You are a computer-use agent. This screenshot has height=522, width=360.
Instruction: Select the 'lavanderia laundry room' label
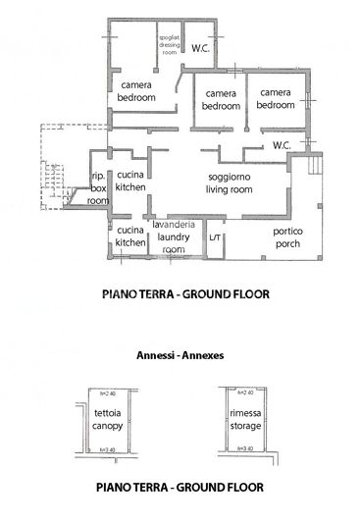[175, 237]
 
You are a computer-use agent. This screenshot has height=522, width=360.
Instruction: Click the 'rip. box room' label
[98, 187]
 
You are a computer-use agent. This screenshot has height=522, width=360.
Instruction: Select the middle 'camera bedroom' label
[222, 99]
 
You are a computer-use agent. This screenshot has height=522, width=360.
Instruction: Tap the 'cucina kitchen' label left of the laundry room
[130, 235]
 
